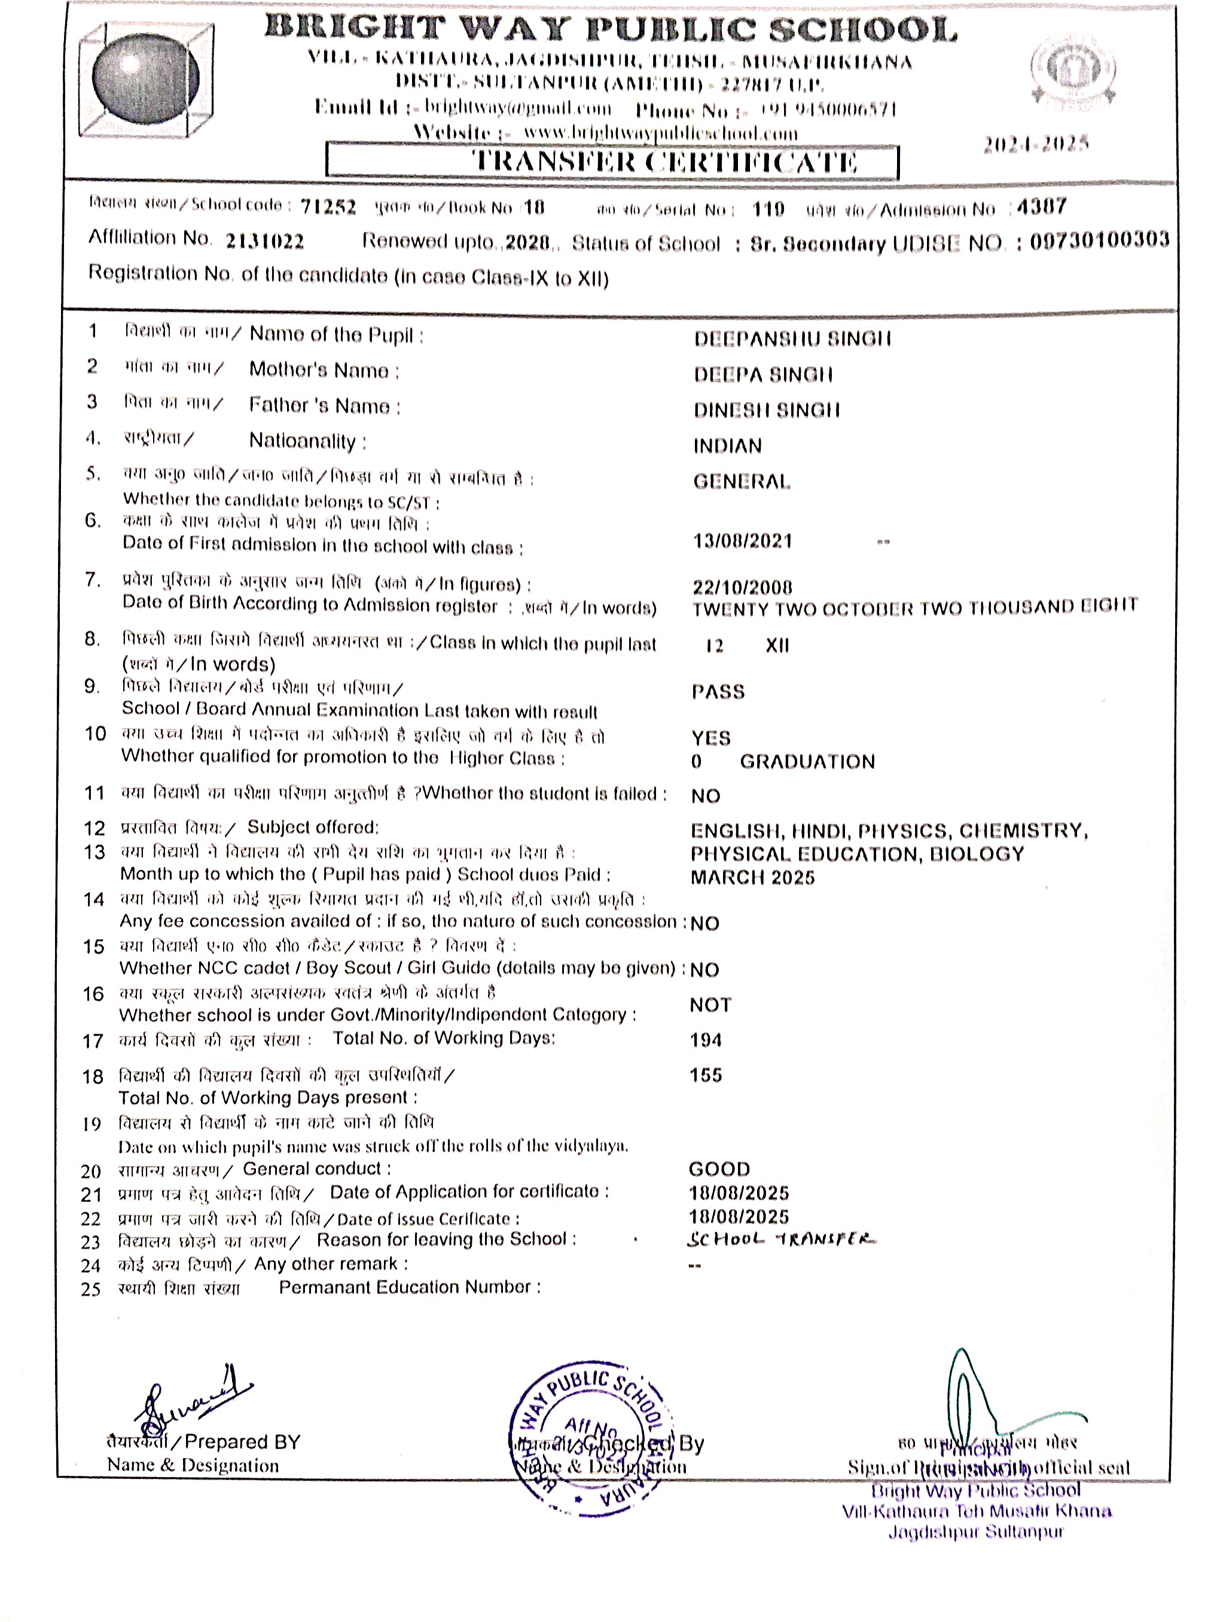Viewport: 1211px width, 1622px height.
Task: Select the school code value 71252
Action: tap(328, 208)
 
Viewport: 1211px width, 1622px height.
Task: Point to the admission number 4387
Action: tap(1042, 207)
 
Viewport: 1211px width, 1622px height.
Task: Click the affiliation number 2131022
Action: tap(265, 241)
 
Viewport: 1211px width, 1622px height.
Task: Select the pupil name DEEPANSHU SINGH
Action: tap(792, 339)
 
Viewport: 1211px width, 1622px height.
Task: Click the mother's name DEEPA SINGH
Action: tap(763, 375)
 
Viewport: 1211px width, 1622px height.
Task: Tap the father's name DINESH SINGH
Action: tap(767, 410)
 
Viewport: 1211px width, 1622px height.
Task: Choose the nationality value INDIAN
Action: tap(728, 446)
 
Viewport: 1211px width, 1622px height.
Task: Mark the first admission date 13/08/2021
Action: tap(743, 541)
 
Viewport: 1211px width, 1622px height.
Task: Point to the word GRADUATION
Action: tap(807, 762)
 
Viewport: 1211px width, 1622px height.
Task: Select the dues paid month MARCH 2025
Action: tap(752, 878)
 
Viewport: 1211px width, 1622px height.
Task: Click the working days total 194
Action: tap(705, 1040)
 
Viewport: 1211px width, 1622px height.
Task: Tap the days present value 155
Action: tap(705, 1075)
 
